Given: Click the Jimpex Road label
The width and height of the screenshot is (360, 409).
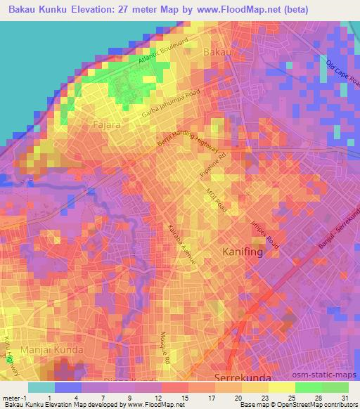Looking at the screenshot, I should pos(264,234).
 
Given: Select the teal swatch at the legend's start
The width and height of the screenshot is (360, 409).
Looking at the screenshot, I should pos(41,387).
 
